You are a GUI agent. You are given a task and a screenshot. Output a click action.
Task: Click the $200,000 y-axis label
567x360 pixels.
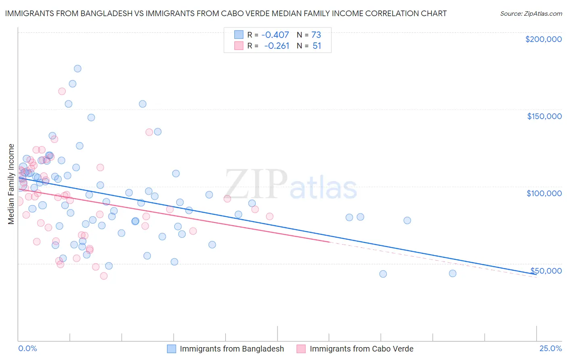point(543,39)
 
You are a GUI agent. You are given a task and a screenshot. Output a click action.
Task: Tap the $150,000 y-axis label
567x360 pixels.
point(544,116)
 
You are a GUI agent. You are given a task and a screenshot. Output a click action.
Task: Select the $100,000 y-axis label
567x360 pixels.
point(544,193)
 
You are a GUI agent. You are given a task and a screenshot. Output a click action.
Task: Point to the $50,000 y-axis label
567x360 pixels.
point(546,270)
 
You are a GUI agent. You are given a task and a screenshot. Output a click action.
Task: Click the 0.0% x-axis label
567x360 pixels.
point(27,348)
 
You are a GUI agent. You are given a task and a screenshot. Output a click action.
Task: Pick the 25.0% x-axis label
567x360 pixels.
point(550,348)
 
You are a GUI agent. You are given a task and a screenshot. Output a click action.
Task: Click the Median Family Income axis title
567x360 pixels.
point(11,184)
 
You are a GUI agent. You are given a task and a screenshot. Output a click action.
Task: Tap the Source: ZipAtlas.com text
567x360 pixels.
point(531,13)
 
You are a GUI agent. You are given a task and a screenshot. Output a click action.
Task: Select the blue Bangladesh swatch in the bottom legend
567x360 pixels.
point(171,349)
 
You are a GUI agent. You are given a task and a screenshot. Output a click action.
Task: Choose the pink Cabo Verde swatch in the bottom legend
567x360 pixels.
point(301,349)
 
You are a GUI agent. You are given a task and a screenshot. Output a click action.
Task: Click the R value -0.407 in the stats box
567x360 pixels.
point(275,35)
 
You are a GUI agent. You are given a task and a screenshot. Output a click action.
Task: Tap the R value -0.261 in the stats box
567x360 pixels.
point(277,46)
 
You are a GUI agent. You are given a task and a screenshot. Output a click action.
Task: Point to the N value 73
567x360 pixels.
point(316,35)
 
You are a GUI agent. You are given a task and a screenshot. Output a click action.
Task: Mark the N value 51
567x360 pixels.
point(317,46)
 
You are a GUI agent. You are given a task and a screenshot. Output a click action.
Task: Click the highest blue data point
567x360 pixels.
point(77,69)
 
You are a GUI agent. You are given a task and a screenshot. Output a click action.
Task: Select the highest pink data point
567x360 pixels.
point(62,91)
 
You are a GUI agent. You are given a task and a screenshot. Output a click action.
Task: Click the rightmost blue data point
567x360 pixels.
point(452,274)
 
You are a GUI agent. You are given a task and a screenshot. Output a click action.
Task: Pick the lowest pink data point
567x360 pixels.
point(104,276)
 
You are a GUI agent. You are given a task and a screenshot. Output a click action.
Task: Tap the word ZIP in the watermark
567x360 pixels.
point(256,185)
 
